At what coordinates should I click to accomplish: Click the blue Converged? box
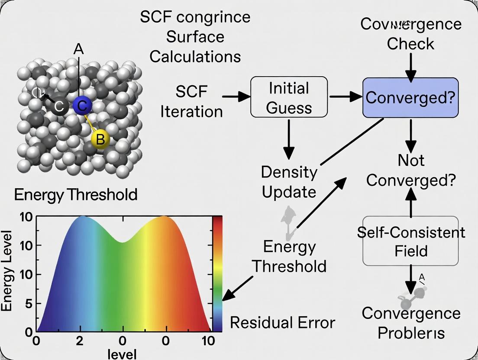point(410,97)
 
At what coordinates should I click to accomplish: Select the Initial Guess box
point(289,97)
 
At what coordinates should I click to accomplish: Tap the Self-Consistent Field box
point(410,241)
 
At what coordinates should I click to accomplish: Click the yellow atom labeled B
point(100,139)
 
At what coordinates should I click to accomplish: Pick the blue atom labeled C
point(82,106)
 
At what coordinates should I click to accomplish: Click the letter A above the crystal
point(78,49)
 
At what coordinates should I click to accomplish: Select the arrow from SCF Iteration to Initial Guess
point(236,96)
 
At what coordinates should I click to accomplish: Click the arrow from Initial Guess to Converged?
point(345,96)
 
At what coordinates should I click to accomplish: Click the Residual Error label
point(282,322)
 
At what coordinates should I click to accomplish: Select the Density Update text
point(289,182)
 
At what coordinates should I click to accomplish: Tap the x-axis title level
point(122,354)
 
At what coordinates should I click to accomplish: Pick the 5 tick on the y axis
point(29,304)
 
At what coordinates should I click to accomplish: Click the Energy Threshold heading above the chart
point(76,195)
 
